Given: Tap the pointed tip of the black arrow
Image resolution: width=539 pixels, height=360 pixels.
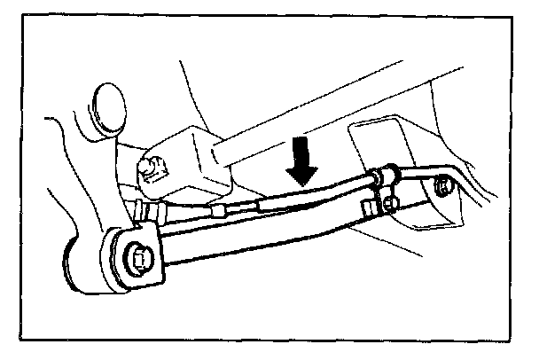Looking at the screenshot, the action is point(303,184).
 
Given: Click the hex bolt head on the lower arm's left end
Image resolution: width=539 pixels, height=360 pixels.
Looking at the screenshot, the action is point(139,257).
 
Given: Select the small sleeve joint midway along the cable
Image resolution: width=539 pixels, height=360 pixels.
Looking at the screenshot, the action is point(238,209).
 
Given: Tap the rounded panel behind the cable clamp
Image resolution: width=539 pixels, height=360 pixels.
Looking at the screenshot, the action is point(377,142).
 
